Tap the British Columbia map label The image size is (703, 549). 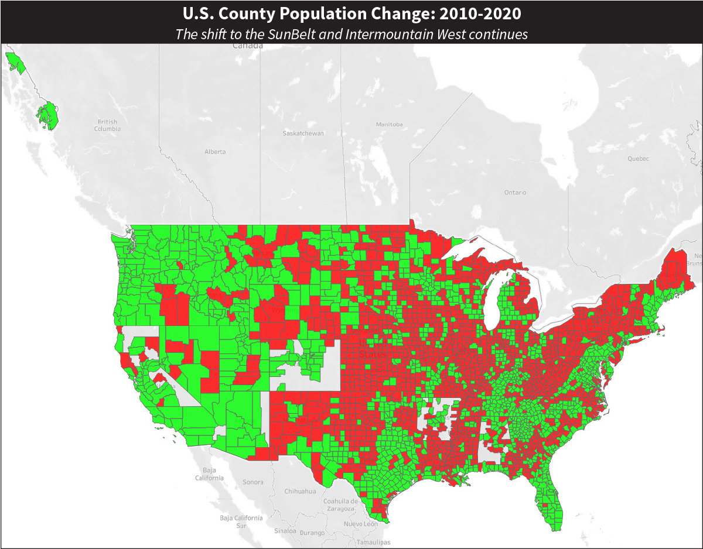click(x=107, y=125)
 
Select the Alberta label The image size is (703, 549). click(x=215, y=152)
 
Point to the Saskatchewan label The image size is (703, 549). click(x=303, y=133)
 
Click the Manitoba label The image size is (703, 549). click(x=389, y=125)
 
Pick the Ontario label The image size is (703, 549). click(x=515, y=193)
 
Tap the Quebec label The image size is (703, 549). click(x=638, y=159)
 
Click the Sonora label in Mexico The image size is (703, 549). click(x=253, y=482)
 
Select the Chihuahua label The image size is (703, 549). click(x=300, y=492)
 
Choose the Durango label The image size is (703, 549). click(x=312, y=533)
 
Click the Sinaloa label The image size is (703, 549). click(x=285, y=531)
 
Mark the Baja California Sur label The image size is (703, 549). click(x=241, y=521)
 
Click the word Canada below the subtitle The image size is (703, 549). click(x=246, y=45)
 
